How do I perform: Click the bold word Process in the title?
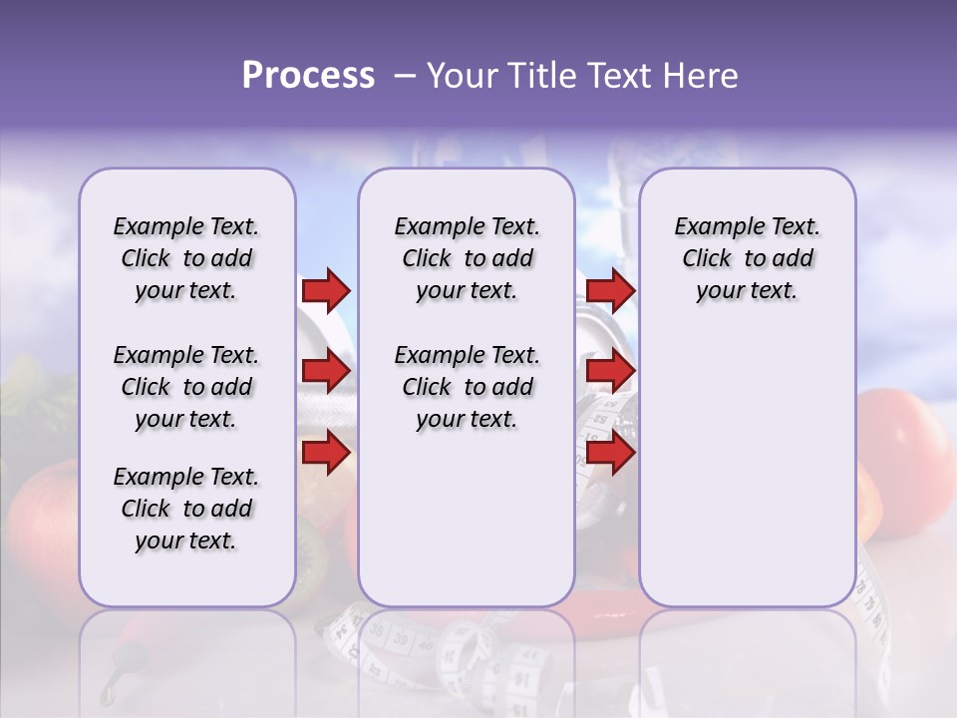[x=308, y=75]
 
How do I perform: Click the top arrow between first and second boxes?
[x=326, y=290]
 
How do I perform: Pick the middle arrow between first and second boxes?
[x=326, y=372]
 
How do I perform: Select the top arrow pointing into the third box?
[x=610, y=290]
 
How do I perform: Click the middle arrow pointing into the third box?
[x=610, y=372]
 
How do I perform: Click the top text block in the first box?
[x=186, y=258]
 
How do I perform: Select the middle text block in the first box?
[x=186, y=387]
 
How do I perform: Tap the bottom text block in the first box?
[x=186, y=509]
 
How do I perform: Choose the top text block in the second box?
[x=467, y=258]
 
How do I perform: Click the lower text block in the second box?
[x=467, y=387]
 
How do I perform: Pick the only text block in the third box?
[x=747, y=258]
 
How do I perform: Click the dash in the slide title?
[x=404, y=76]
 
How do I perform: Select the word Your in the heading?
[x=462, y=75]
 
